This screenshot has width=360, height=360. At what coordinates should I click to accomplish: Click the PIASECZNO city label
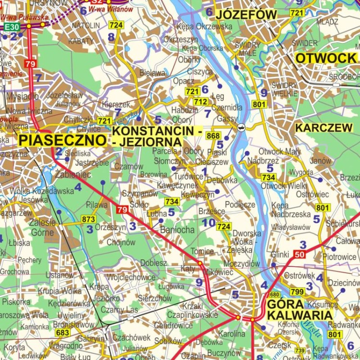pos(62,140)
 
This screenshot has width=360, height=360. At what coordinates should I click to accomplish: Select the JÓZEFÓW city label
pos(247,15)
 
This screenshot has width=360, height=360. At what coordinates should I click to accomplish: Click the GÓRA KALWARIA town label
pos(300,310)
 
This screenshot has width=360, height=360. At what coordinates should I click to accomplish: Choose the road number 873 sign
pos(88,219)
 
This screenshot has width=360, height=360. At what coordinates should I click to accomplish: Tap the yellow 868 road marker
pos(213,136)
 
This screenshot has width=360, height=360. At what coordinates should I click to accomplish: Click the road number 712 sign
pos(201,102)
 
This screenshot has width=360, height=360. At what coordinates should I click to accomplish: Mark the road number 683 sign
pos(62,332)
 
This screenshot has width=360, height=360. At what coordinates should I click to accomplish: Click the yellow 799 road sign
pos(297,291)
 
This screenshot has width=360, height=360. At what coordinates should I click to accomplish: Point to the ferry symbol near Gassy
pos(241,127)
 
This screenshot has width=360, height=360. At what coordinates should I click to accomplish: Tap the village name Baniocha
pos(177,230)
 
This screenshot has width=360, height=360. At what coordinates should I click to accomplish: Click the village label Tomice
pos(202,252)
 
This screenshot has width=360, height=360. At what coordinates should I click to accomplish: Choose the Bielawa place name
pos(152,73)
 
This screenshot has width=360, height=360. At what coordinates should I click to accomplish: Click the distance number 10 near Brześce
pos(208,223)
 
